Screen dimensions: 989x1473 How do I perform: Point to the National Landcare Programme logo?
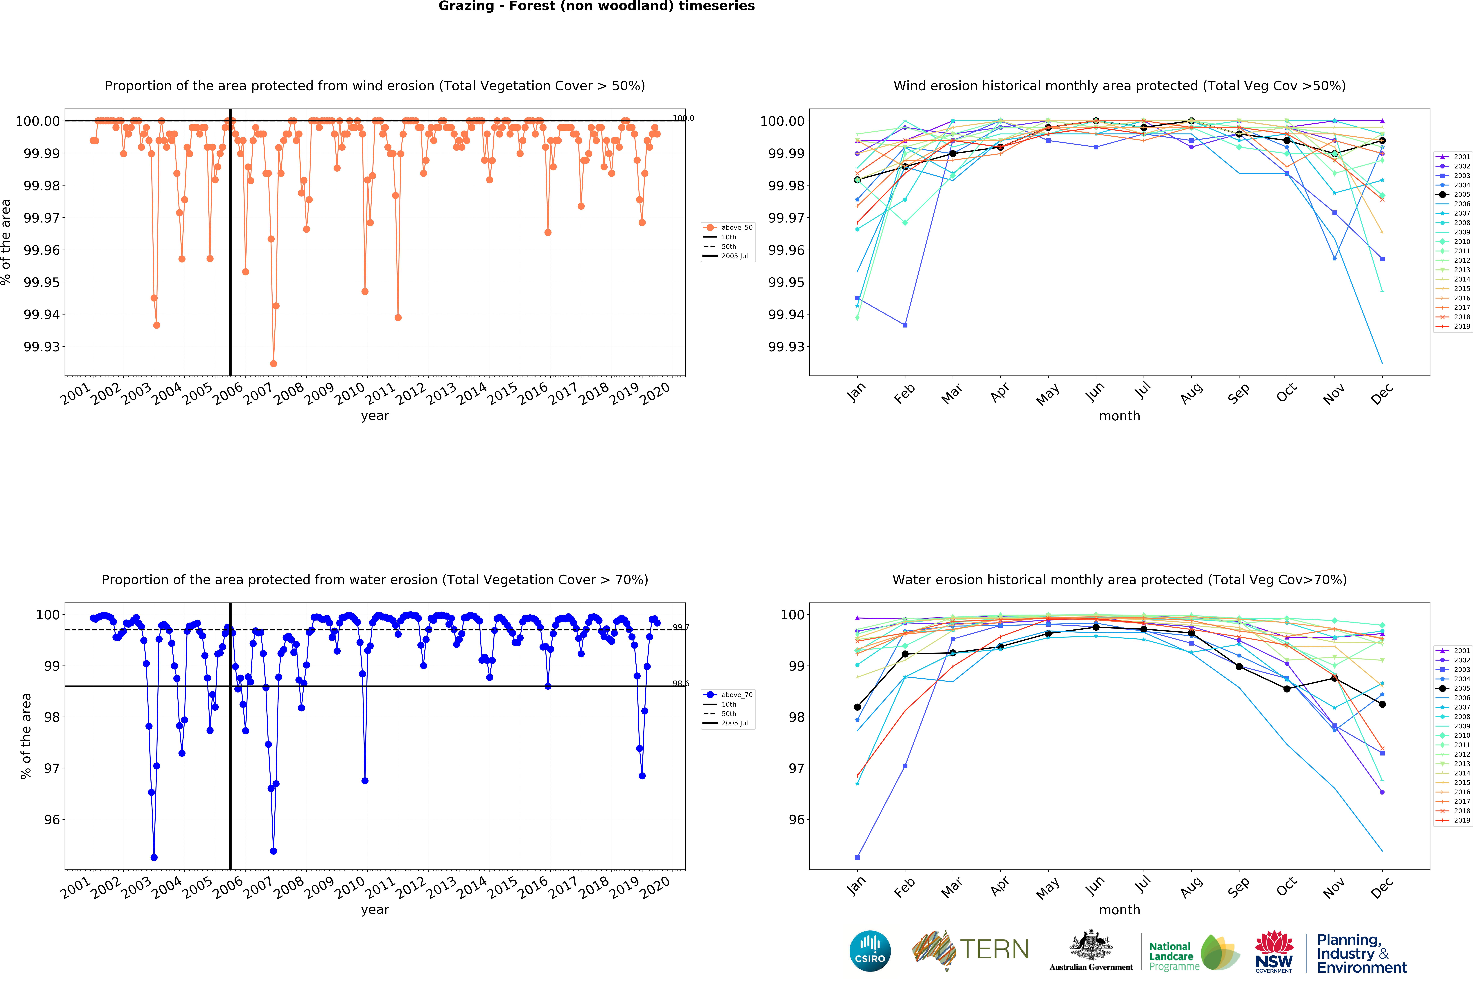click(x=1193, y=952)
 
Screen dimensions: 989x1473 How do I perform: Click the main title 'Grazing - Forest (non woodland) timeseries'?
click(x=596, y=6)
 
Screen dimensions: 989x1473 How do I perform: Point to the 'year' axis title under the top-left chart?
click(x=375, y=416)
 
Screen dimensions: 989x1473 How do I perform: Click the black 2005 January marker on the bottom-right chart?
click(x=857, y=707)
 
